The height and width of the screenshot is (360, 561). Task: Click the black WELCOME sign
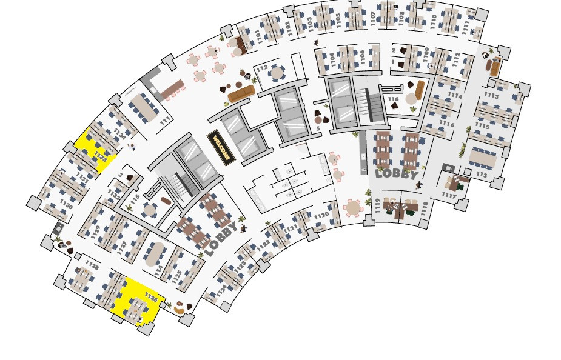point(220,147)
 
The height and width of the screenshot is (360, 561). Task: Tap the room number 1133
point(101,159)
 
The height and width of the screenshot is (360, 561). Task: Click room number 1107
point(372,19)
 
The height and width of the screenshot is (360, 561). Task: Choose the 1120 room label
point(321,215)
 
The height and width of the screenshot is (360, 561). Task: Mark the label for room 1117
point(448,195)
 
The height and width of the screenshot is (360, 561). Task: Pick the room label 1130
point(67,206)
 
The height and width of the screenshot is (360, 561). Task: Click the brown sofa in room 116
point(420,90)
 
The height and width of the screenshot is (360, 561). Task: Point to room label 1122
point(263,245)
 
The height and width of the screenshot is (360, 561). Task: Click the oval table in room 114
point(156,253)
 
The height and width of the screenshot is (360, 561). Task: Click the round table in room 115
point(149,209)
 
